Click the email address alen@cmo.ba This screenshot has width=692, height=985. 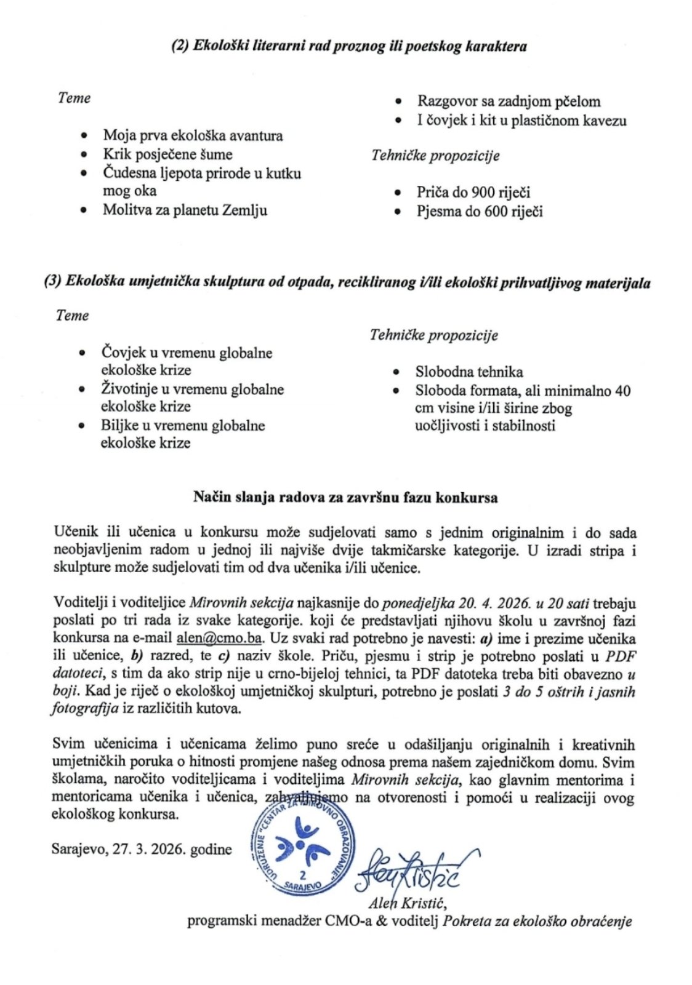click(x=219, y=638)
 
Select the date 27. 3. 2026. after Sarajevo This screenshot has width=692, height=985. click(x=150, y=850)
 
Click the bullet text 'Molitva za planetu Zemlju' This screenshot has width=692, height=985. click(x=185, y=210)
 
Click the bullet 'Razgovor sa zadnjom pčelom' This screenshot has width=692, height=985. click(x=509, y=102)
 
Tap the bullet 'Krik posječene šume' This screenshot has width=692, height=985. click(x=167, y=154)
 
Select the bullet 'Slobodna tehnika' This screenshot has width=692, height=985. click(x=469, y=372)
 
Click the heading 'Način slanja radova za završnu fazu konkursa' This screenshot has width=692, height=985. click(x=345, y=497)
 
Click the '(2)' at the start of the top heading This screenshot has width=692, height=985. click(x=180, y=46)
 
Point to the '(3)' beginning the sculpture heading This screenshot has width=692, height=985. click(x=52, y=282)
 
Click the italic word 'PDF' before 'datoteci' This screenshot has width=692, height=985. click(x=621, y=656)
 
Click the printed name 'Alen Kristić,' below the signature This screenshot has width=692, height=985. click(x=408, y=903)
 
